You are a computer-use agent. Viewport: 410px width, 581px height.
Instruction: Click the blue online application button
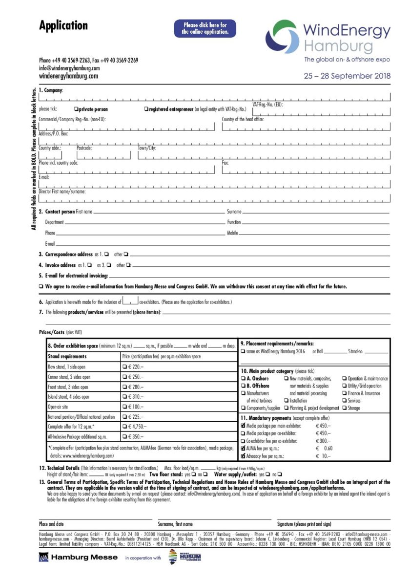coord(205,28)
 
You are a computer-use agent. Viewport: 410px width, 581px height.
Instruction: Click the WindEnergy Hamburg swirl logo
coord(282,37)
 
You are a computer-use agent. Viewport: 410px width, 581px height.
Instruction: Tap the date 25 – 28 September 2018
coord(347,76)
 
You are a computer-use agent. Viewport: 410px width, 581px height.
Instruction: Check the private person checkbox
coord(76,109)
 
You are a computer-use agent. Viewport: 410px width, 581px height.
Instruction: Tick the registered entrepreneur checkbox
coord(146,109)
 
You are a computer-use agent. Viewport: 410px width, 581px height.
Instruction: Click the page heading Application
coord(63,25)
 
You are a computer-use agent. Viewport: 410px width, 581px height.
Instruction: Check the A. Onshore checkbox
coord(243,378)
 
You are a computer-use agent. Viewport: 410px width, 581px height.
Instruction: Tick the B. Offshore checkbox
coord(243,386)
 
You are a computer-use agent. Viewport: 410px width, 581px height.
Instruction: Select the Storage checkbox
coord(345,408)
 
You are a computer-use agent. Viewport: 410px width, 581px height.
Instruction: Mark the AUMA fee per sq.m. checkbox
coord(243,448)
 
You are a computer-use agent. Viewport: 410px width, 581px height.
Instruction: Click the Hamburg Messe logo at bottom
coord(78,557)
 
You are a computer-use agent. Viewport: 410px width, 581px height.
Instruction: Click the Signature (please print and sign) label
coord(304,524)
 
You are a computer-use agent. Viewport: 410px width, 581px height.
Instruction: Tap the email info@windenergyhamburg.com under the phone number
coord(69,68)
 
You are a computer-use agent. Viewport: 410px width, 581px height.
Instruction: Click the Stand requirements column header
coord(67,357)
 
